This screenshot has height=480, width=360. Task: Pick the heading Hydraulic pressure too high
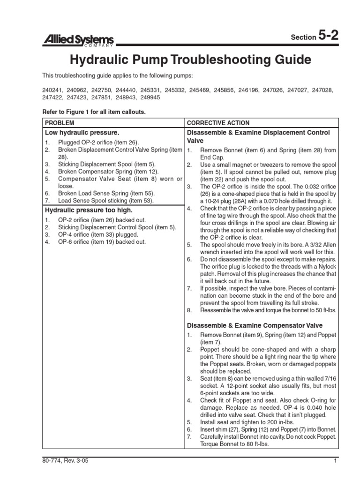[x=85, y=210]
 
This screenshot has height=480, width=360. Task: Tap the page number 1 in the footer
[x=336, y=461]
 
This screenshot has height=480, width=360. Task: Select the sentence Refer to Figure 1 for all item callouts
[x=94, y=112]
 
